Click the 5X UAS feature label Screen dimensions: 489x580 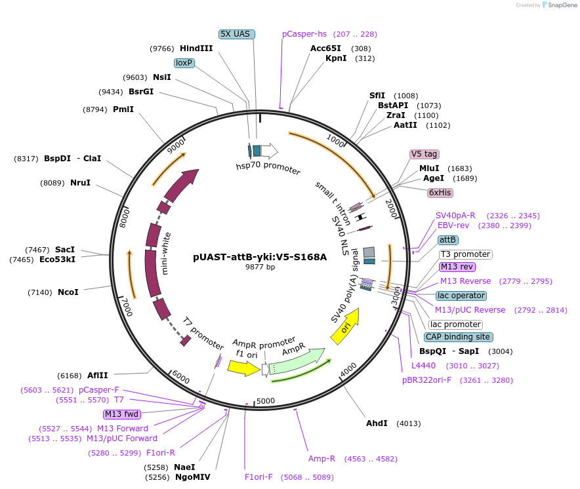(x=236, y=34)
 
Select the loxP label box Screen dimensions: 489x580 (x=184, y=63)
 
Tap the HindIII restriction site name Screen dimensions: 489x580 (x=196, y=49)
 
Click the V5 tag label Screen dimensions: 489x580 (x=424, y=154)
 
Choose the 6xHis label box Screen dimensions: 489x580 (x=440, y=193)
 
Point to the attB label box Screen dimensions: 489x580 (x=448, y=240)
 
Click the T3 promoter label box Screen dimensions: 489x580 (x=465, y=254)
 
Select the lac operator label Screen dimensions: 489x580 (x=461, y=296)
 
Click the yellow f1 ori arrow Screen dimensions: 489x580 (x=243, y=368)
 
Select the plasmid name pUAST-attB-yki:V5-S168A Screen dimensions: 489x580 (x=260, y=257)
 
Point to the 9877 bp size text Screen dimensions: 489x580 (x=260, y=267)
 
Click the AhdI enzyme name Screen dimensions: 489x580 (x=377, y=423)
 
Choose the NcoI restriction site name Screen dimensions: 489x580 (x=68, y=292)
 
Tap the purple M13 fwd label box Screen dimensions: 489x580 (x=122, y=414)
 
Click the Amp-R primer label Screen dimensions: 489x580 (x=321, y=459)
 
